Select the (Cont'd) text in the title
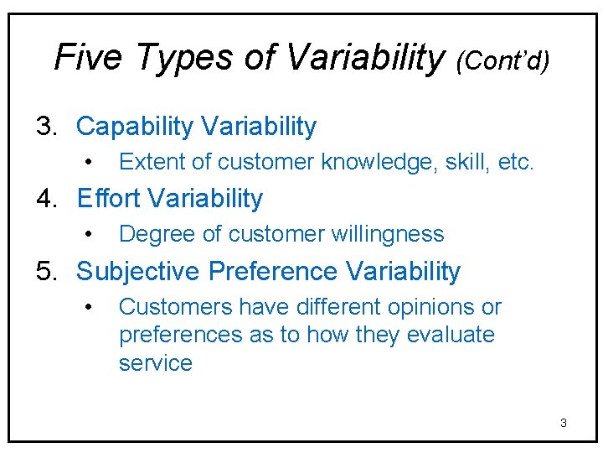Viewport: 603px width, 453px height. (x=503, y=60)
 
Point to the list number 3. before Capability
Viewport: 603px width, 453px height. (x=46, y=127)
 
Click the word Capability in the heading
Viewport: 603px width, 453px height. (x=134, y=127)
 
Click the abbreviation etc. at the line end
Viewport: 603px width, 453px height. (x=515, y=162)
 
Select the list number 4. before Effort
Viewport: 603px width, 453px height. (x=46, y=199)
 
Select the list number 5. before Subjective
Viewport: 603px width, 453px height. (x=46, y=272)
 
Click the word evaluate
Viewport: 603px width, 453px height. (x=450, y=335)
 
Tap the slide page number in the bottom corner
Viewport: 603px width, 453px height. (x=564, y=423)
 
